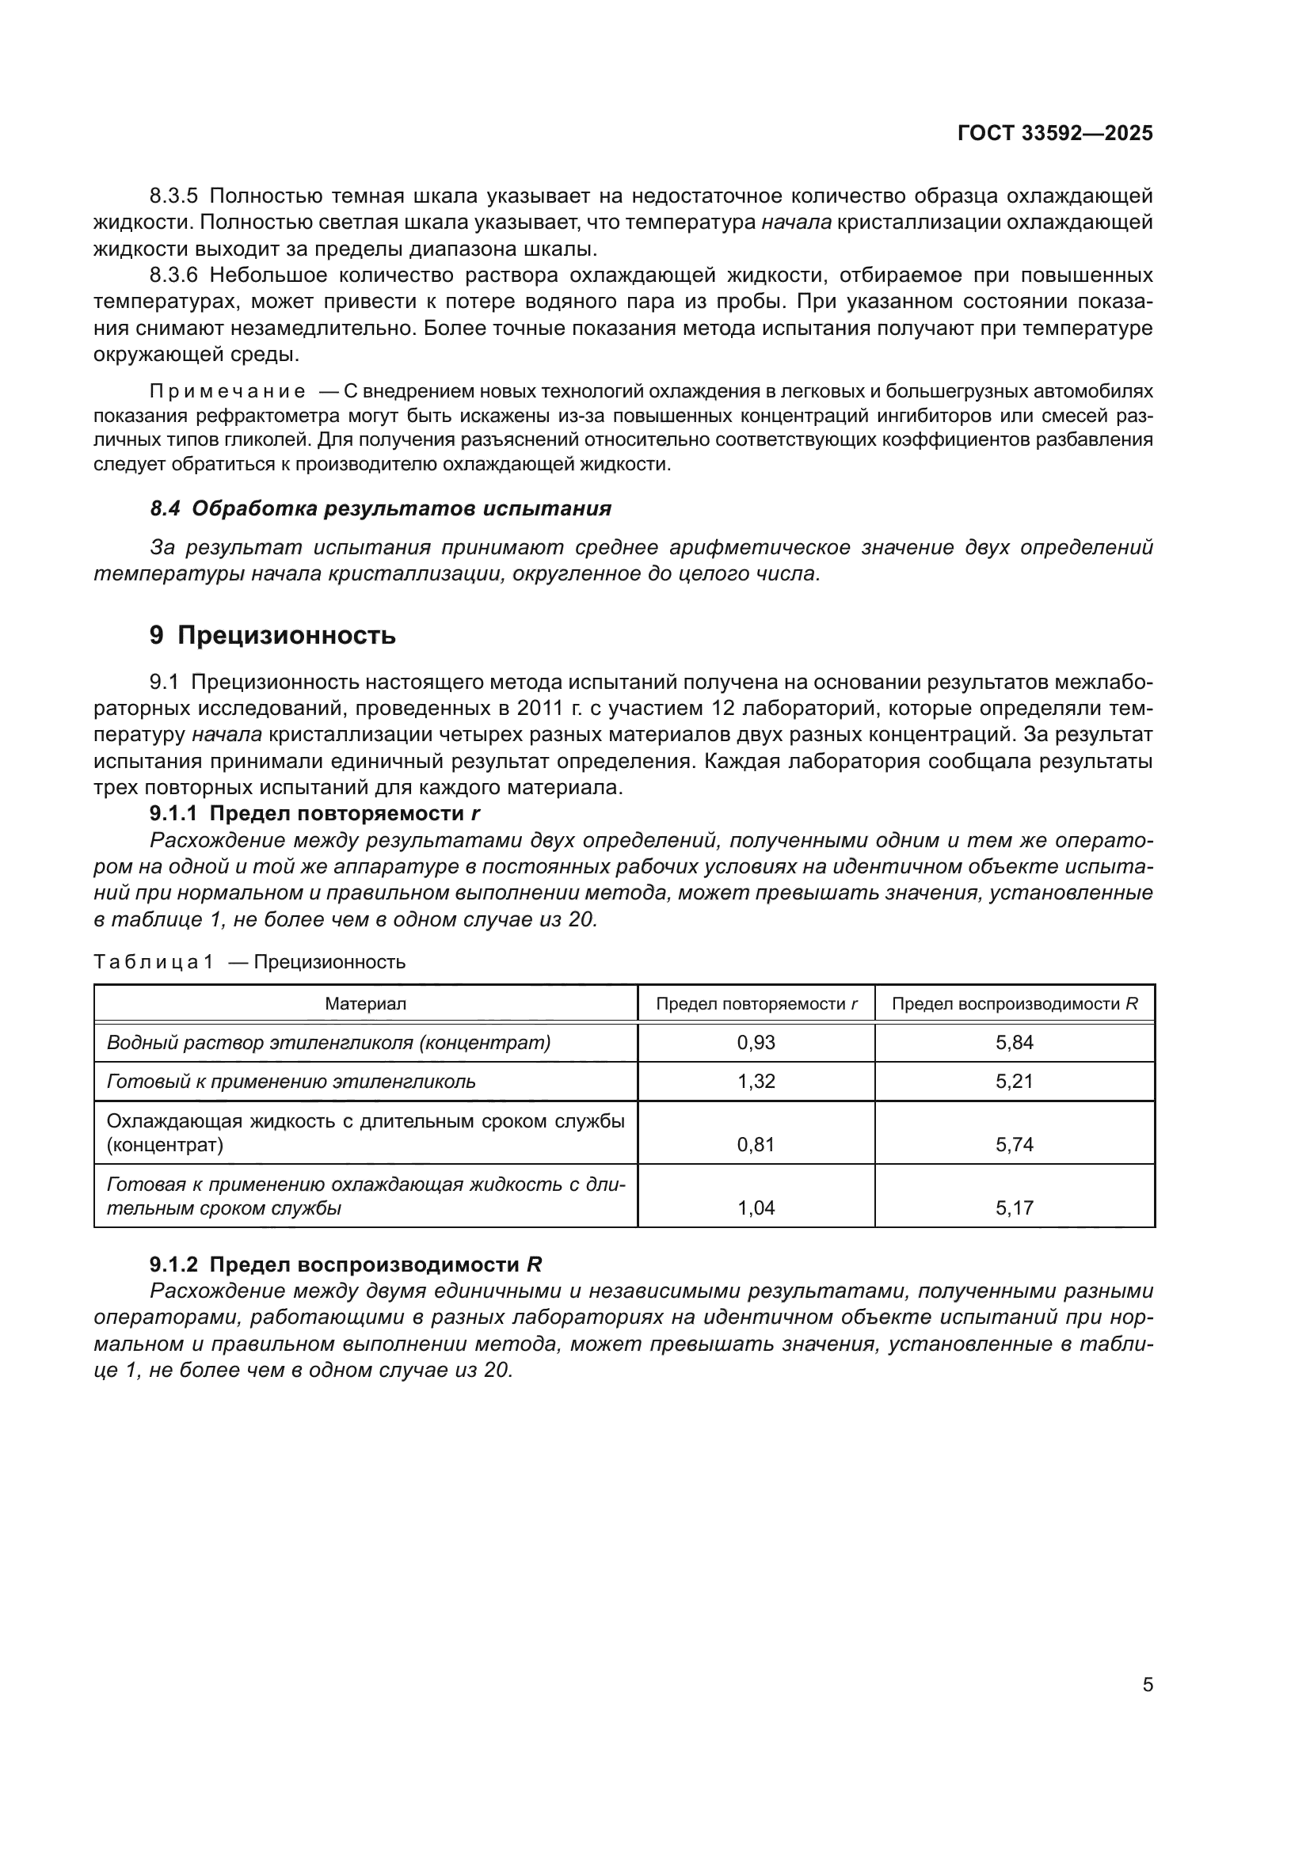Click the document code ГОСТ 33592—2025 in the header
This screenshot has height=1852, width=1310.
pos(1054,133)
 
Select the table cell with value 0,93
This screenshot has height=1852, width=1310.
pos(755,1042)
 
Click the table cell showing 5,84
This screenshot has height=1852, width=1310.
pos(1014,1042)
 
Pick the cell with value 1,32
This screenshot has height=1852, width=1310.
pos(755,1081)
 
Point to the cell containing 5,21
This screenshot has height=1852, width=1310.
pos(1014,1081)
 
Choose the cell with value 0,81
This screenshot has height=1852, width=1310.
pos(755,1144)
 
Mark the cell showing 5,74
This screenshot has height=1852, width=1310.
pos(1014,1144)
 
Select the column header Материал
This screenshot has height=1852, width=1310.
pos(365,1003)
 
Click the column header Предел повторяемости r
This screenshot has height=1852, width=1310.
pos(756,1003)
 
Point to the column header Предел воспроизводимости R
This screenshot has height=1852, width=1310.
pos(1014,1003)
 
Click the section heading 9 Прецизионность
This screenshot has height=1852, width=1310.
pos(272,636)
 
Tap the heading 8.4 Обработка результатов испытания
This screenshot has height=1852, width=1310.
pos(381,508)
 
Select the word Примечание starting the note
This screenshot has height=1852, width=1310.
pos(227,392)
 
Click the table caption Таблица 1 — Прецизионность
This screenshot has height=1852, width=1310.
pos(249,961)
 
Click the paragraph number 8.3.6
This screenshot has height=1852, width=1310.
pos(173,275)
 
